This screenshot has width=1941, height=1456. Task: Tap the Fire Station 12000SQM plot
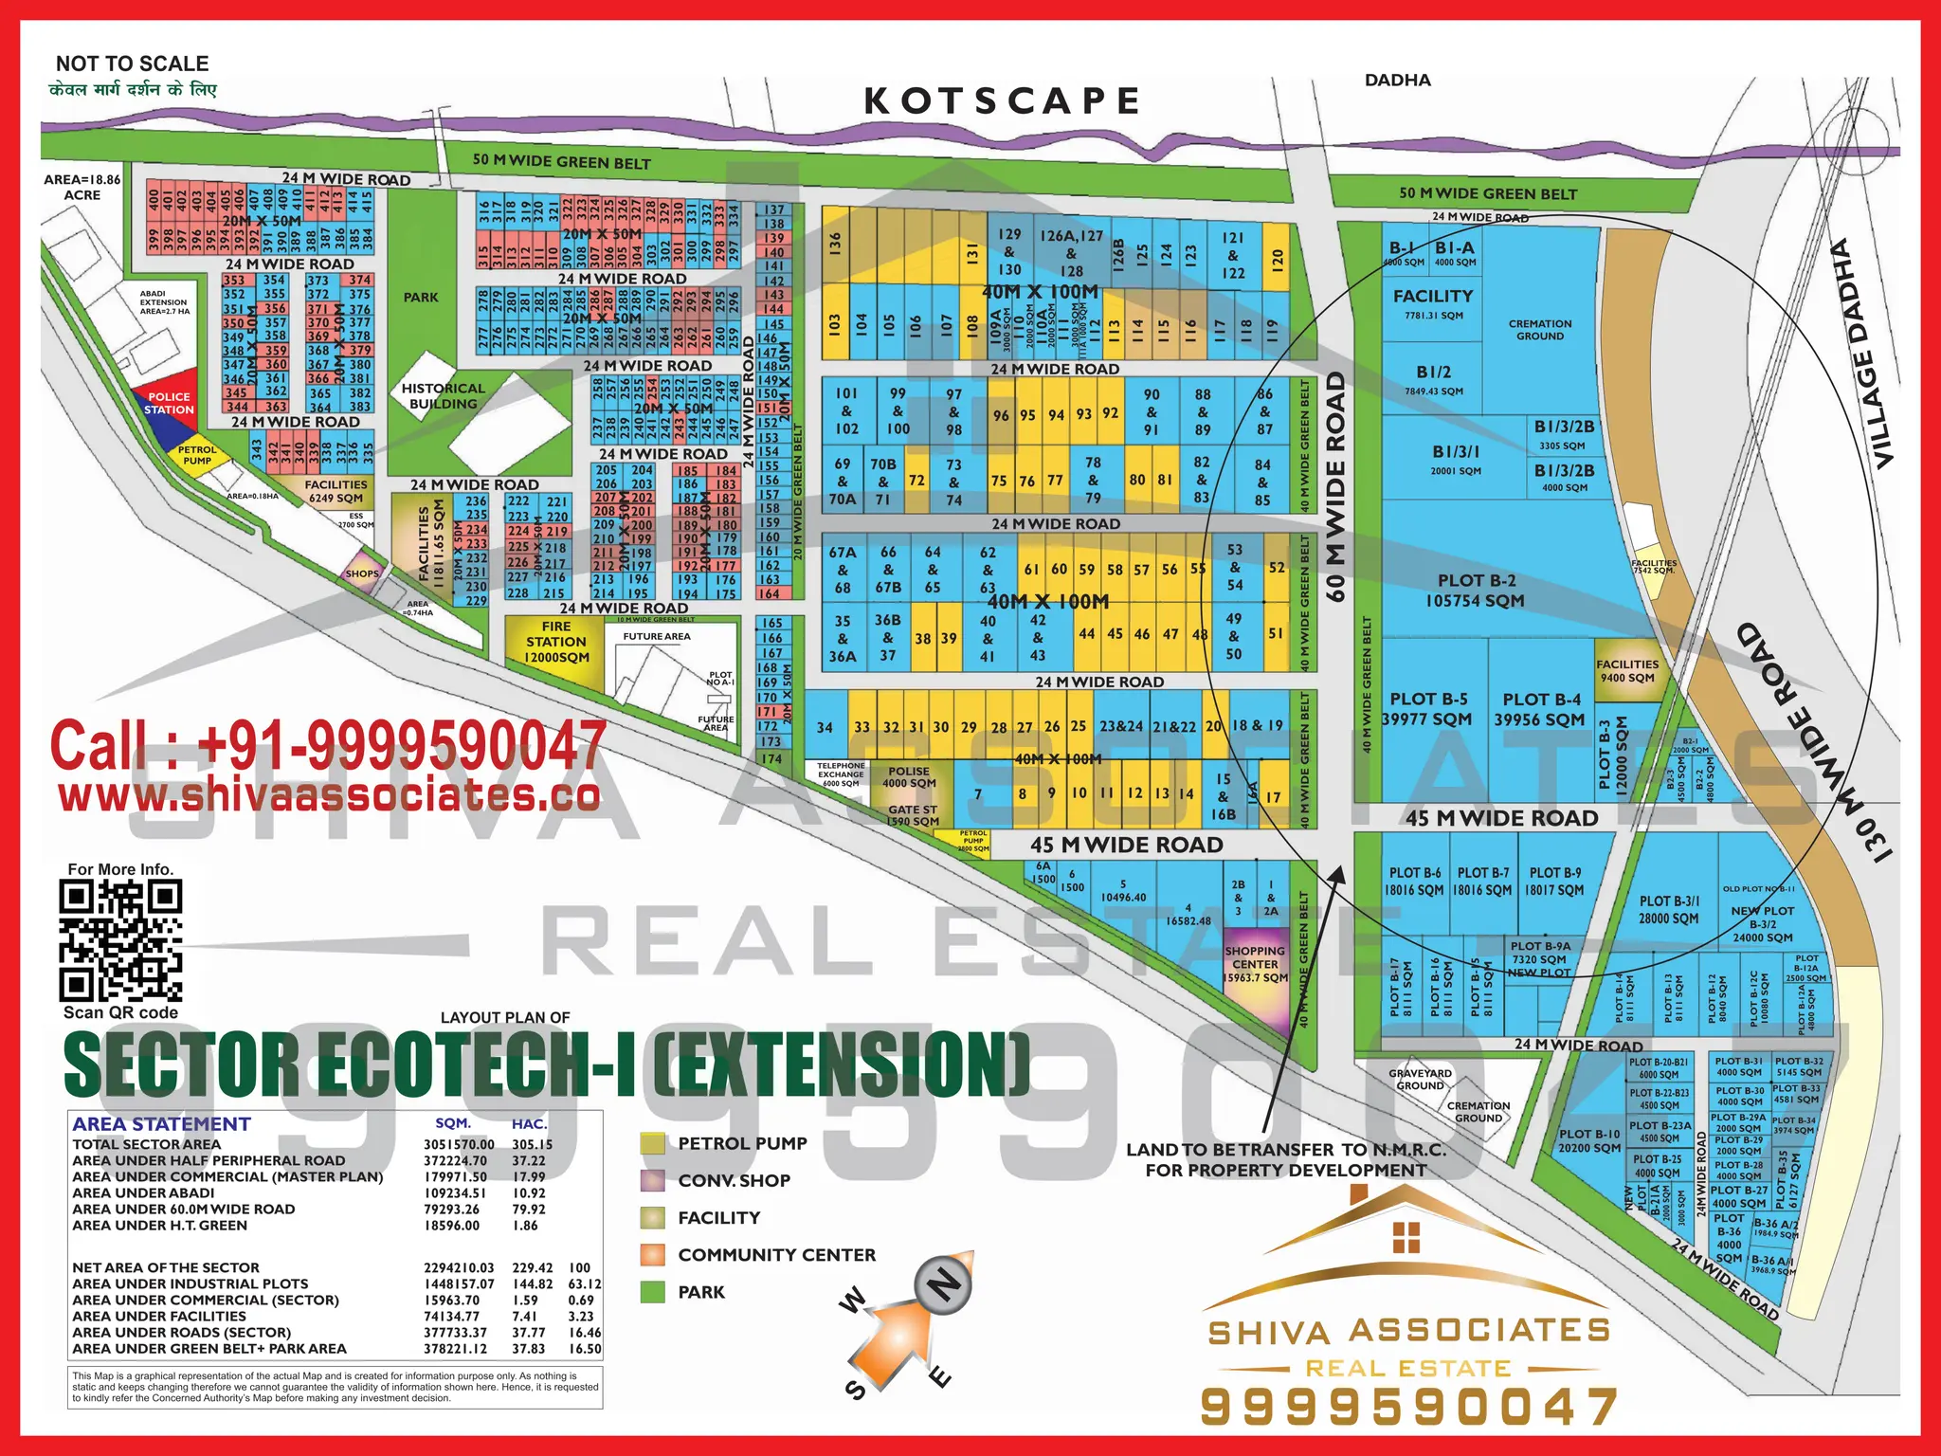coord(556,643)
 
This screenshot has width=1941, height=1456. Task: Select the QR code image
coord(120,940)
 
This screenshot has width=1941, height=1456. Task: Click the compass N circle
coord(944,1285)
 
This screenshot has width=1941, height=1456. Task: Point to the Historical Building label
coord(443,395)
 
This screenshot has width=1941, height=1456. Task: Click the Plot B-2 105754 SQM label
coord(1476,591)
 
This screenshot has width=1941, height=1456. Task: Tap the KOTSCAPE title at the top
coord(1002,100)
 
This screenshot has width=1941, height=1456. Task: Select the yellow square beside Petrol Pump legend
coord(652,1143)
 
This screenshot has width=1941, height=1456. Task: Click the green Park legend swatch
coord(652,1292)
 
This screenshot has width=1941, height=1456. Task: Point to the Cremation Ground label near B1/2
coord(1539,330)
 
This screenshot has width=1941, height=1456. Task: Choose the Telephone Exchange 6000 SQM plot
coord(841,774)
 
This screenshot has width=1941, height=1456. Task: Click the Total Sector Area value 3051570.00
coord(459,1144)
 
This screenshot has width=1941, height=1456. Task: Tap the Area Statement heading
coord(161,1124)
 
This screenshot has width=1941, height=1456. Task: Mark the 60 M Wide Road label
coord(1335,486)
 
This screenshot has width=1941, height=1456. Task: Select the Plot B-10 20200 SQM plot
coord(1589,1140)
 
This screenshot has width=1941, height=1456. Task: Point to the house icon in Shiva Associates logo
coord(1406,1236)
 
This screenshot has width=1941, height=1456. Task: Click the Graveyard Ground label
coord(1420,1080)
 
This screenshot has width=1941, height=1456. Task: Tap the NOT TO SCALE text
coord(132,64)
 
